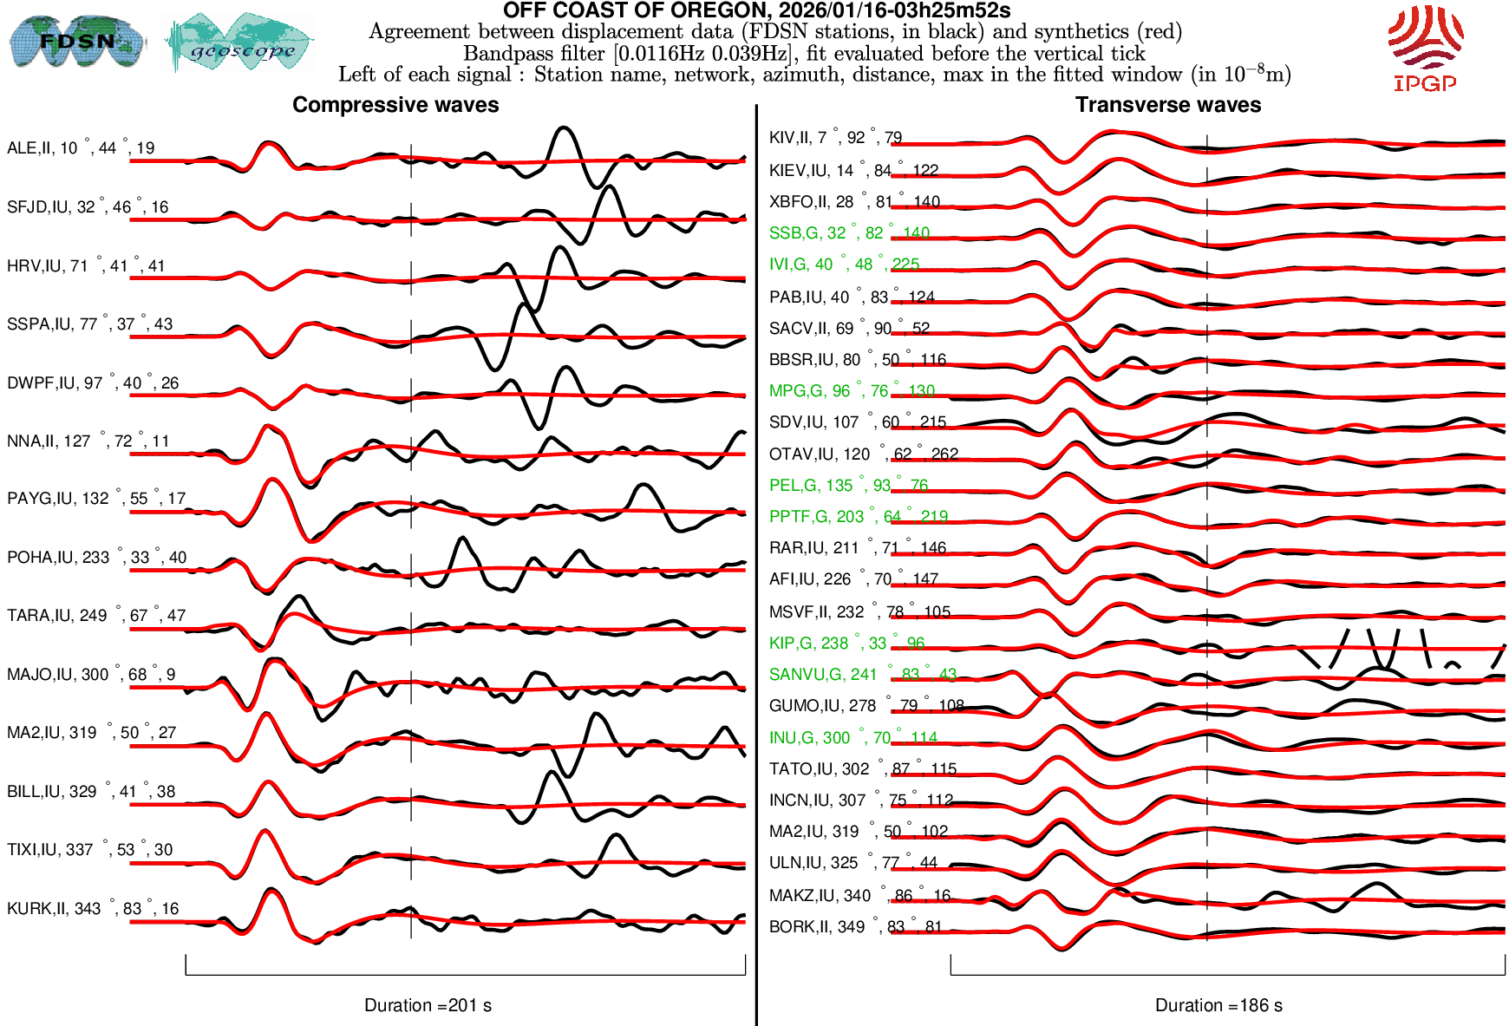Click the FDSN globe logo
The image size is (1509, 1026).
(76, 41)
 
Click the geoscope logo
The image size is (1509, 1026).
(240, 43)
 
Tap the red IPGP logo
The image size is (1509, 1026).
(1425, 49)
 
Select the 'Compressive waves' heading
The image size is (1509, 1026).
(395, 105)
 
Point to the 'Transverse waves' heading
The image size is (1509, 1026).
(1167, 105)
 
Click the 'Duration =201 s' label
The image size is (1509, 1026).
(428, 1005)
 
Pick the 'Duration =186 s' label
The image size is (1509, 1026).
(1218, 1005)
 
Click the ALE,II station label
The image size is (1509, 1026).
(81, 148)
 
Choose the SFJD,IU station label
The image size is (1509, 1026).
(88, 207)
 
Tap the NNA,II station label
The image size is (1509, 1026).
(88, 441)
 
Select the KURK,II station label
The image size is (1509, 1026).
(93, 909)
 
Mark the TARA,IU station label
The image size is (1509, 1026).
(96, 616)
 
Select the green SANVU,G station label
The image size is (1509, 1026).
(862, 675)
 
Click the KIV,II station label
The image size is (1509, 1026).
(835, 138)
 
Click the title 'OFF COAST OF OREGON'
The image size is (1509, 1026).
(756, 11)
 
